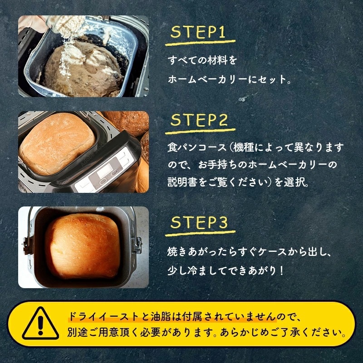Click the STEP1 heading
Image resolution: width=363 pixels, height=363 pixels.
[198, 32]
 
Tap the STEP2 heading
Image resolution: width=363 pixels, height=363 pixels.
[199, 120]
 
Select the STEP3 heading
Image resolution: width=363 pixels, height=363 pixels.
[199, 222]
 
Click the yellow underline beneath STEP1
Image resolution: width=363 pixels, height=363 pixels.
[200, 43]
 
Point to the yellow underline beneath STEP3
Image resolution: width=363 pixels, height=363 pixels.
[200, 233]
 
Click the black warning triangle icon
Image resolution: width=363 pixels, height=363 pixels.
[40, 324]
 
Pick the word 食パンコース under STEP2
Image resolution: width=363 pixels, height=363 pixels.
[197, 147]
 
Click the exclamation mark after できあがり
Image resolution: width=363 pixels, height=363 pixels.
[281, 270]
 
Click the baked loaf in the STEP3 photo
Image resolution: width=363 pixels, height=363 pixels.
[83, 246]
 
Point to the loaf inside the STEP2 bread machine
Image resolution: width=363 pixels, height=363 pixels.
[57, 143]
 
